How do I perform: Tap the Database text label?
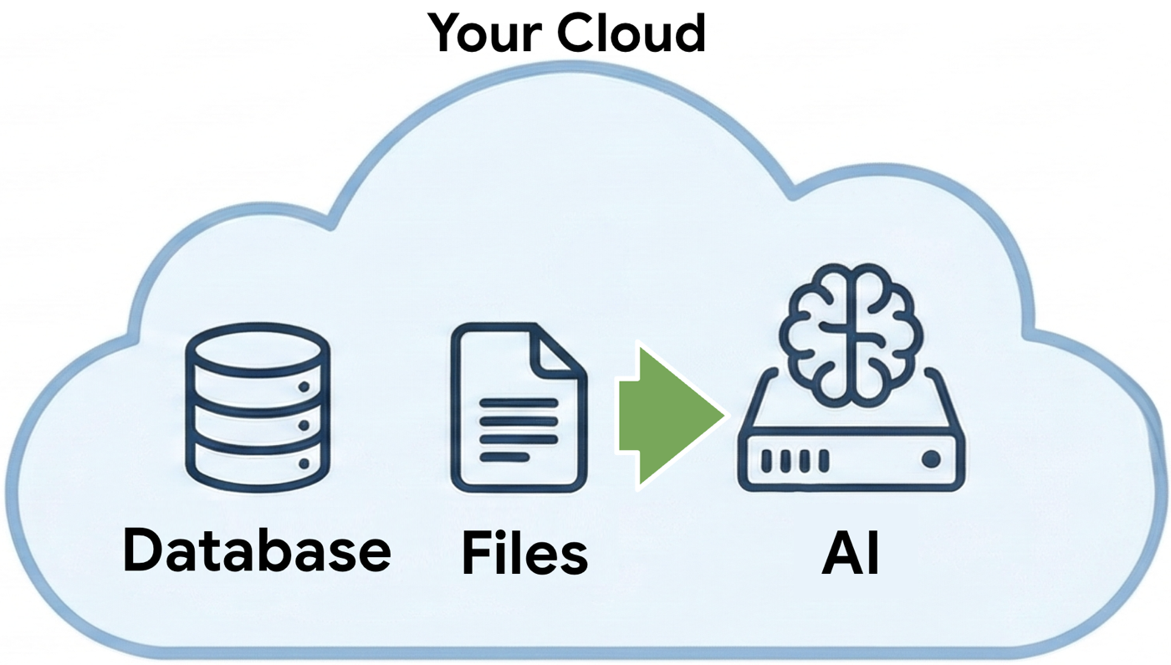(x=257, y=550)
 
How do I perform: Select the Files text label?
(x=524, y=553)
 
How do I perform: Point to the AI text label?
(x=851, y=551)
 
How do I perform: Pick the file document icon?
(x=519, y=407)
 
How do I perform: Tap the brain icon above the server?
(x=851, y=330)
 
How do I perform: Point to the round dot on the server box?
(x=930, y=459)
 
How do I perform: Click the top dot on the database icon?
(x=304, y=387)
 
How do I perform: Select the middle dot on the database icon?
(x=304, y=426)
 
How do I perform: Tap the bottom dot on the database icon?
(x=304, y=463)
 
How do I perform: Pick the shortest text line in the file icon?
(x=504, y=457)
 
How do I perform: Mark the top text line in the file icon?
(x=519, y=403)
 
